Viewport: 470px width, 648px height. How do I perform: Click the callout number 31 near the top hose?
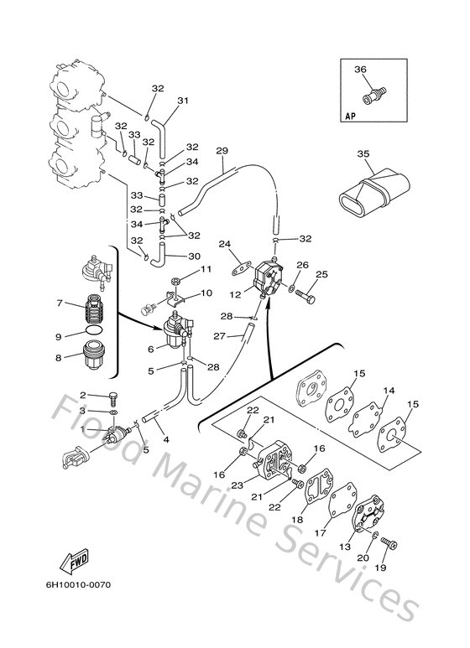coord(182,101)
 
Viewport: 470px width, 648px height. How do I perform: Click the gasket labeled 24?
coord(243,269)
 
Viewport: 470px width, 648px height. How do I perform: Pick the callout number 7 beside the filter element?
coord(59,303)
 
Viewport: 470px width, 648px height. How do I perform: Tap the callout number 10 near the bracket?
coord(206,294)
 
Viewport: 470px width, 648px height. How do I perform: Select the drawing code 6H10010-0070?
coord(74,583)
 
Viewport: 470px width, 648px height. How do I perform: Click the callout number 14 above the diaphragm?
coord(389,391)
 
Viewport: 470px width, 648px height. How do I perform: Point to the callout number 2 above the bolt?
coord(83,395)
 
